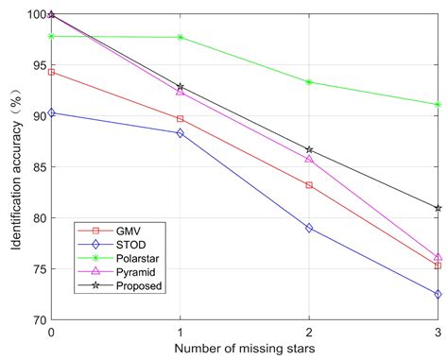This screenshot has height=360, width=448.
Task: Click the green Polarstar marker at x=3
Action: (438, 105)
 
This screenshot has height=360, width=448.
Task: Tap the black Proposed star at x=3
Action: (438, 208)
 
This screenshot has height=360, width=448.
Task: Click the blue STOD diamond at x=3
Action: (438, 294)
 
